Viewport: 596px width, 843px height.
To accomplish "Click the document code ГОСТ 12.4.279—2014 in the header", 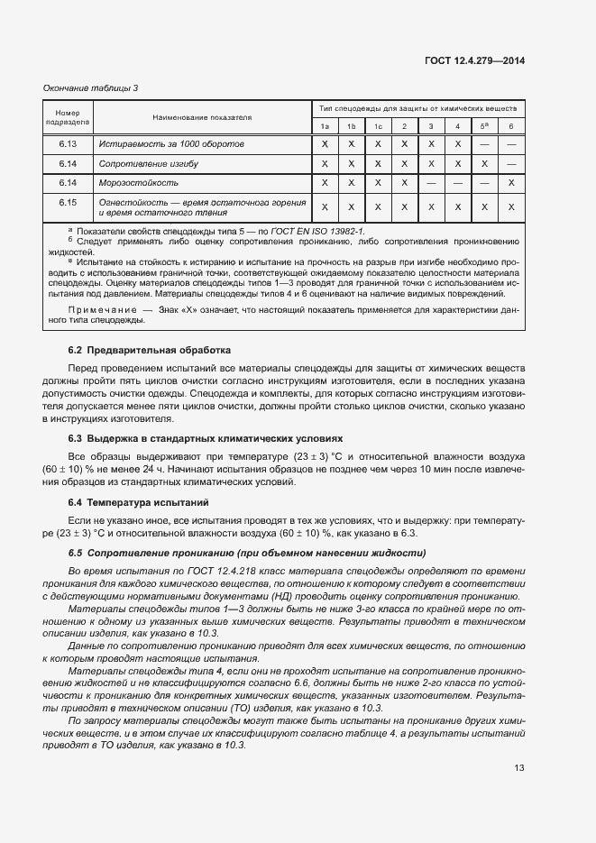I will tap(474, 60).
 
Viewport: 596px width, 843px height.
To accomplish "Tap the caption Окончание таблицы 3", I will tap(91, 87).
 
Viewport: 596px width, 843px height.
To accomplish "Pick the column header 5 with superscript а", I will tap(484, 125).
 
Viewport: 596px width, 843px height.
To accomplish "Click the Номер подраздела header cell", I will tap(68, 116).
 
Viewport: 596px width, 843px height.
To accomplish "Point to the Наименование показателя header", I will tap(202, 117).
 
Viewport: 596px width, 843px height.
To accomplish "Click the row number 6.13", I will tap(68, 143).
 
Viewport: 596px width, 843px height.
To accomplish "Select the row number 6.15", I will tap(68, 202).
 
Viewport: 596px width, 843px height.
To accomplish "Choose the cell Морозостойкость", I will tap(139, 183).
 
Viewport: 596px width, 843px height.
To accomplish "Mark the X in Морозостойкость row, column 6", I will tap(511, 183).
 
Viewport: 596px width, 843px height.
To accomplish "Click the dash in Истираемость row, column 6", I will tap(511, 143).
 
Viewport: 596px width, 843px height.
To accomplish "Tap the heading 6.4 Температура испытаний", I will tap(138, 500).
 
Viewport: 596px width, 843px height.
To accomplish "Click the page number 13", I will tap(518, 767).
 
